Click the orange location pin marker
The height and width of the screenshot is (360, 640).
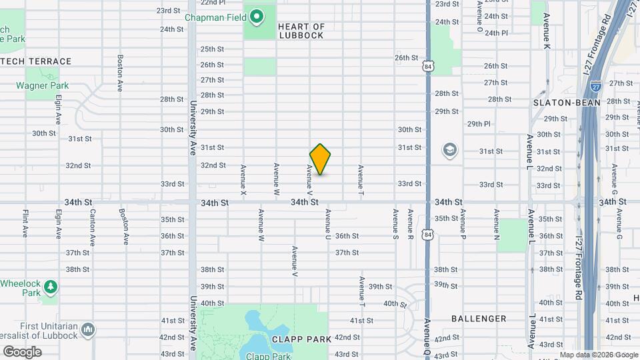[x=320, y=159]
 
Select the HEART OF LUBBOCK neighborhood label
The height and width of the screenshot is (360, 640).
[x=301, y=31]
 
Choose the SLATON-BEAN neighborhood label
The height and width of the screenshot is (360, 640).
[x=567, y=103]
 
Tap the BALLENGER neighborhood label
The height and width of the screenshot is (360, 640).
[x=479, y=319]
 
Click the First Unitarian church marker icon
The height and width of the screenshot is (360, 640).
[x=89, y=329]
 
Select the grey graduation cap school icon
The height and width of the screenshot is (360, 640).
[x=450, y=151]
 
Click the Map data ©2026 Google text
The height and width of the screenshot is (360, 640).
[x=599, y=355]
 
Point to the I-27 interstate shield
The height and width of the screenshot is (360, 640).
[x=596, y=85]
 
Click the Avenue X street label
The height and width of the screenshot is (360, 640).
[x=243, y=180]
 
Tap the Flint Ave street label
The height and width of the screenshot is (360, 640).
[x=25, y=224]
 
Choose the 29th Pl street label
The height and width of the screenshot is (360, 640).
[x=479, y=124]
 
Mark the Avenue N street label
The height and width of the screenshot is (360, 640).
[x=496, y=225]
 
